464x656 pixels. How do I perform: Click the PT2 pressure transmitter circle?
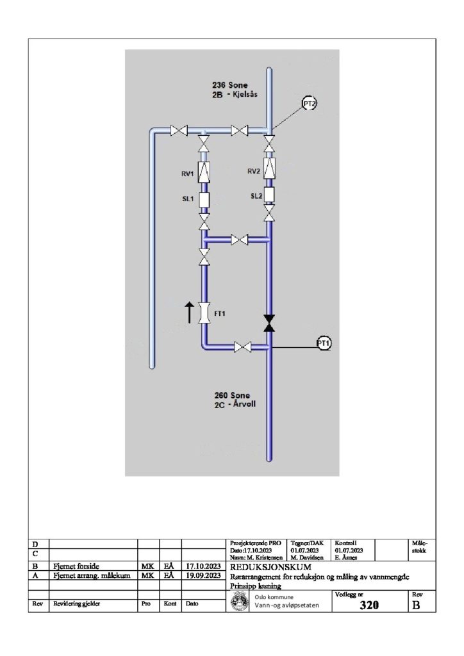pos(309,103)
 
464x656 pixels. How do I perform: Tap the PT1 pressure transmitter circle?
pos(324,343)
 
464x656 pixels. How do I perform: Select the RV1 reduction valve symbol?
pos(204,171)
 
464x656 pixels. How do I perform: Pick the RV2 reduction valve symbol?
pos(269,168)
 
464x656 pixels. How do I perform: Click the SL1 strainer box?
pos(204,200)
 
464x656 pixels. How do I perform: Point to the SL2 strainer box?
pos(269,195)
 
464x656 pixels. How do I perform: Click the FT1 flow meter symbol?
pos(204,313)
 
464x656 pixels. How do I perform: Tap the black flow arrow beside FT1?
pos(189,312)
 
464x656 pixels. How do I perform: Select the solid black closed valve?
pos(269,323)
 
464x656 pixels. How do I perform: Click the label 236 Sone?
pos(229,85)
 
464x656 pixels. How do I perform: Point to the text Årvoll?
pos(244,404)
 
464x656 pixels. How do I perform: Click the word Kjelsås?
pos(245,94)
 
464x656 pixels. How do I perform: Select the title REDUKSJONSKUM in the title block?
pos(270,568)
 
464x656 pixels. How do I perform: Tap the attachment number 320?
pos(369,605)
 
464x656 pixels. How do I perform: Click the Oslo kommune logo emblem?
pos(239,601)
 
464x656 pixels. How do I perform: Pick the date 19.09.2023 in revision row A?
pos(203,576)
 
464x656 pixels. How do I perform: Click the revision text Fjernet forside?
pos(76,566)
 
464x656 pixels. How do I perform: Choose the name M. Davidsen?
pos(308,558)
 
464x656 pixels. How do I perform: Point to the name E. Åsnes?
pos(346,558)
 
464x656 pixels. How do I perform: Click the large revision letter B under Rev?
pos(417,605)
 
